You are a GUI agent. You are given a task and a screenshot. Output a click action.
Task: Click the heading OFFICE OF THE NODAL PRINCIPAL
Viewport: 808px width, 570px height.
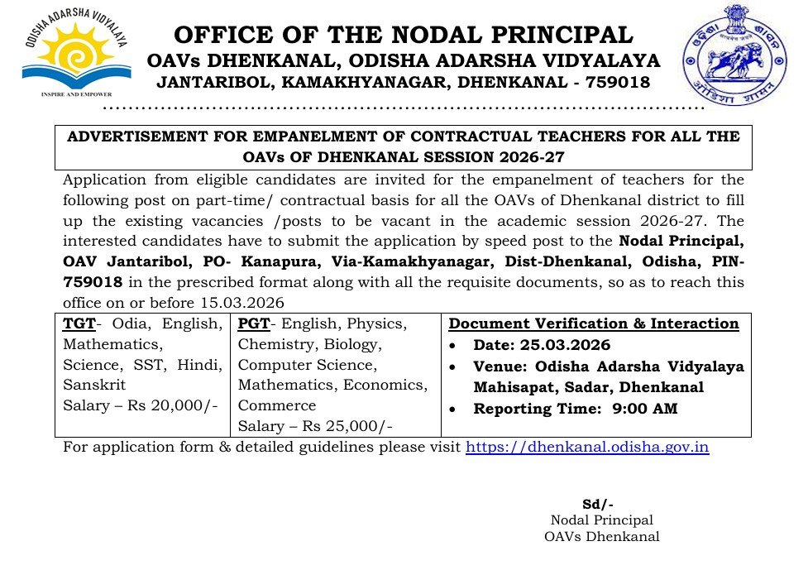point(404,35)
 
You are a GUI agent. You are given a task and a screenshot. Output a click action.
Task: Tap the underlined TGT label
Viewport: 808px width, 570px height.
point(79,323)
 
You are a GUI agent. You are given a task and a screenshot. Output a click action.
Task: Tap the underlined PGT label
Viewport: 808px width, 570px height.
point(253,323)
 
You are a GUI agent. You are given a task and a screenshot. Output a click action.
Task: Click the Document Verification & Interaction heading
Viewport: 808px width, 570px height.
point(593,323)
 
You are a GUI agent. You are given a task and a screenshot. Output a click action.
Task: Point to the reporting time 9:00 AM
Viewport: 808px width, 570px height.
point(645,408)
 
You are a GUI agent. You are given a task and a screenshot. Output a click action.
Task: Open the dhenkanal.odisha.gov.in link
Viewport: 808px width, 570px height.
point(587,448)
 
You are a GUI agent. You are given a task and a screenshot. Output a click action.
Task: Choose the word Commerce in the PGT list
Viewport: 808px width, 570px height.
point(277,405)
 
